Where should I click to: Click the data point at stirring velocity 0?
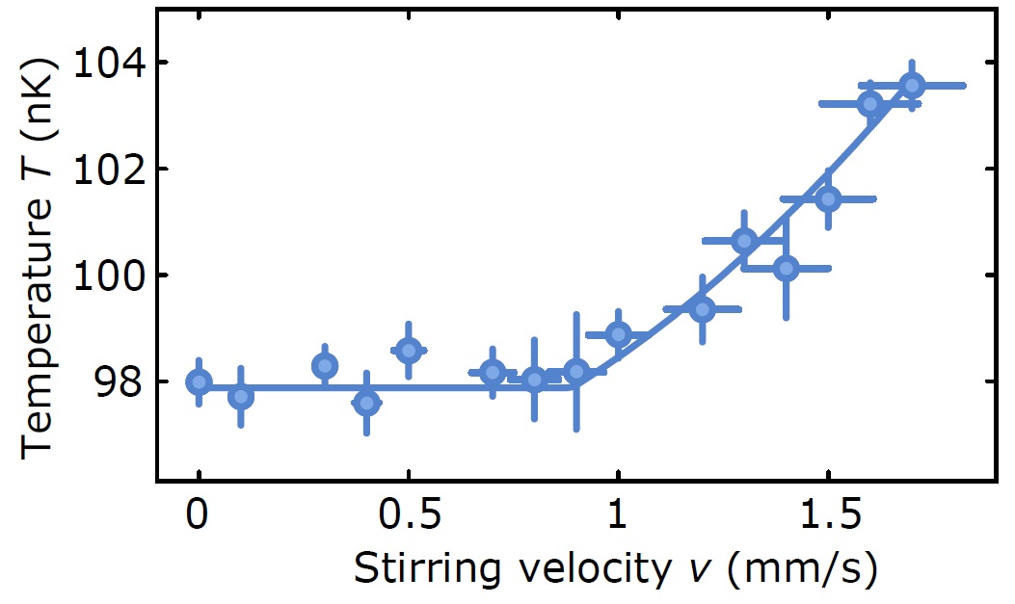[199, 382]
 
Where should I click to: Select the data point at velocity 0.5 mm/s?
[409, 350]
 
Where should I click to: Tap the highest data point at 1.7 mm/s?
[912, 86]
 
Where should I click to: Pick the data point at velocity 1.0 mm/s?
[618, 334]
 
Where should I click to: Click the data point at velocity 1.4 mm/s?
[786, 268]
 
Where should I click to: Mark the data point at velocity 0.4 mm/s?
[366, 403]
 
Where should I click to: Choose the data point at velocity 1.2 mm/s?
[702, 309]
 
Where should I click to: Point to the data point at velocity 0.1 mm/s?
[241, 396]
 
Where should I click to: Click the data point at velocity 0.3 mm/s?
[325, 366]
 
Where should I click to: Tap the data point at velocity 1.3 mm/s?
[743, 241]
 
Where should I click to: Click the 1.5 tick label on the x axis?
[826, 517]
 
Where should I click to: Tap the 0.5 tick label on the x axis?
[409, 517]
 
